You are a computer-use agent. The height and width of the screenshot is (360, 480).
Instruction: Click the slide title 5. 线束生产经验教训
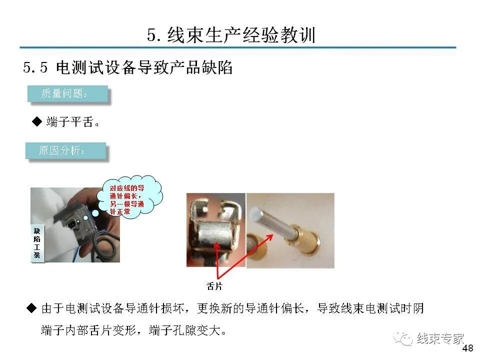coord(231,35)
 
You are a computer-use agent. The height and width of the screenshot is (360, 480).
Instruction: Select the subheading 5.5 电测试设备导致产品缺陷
coord(128,67)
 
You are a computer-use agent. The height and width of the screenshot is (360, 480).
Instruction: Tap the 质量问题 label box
coord(67,94)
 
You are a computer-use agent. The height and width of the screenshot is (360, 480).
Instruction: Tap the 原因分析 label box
coord(65,150)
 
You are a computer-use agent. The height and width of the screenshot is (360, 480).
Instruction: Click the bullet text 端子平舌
coord(70,122)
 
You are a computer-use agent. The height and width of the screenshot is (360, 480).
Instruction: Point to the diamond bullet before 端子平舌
coord(36,121)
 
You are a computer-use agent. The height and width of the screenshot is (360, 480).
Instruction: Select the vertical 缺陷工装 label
coord(37,243)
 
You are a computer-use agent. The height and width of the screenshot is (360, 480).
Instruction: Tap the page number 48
coord(468,349)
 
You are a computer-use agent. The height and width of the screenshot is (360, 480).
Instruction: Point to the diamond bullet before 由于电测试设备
coord(31,308)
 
